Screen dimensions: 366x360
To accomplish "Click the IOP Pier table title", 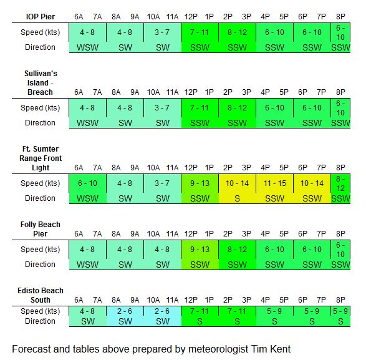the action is click(x=41, y=17).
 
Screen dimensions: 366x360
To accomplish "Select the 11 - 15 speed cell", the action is click(x=274, y=183).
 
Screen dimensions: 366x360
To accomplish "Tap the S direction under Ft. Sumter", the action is click(x=237, y=198).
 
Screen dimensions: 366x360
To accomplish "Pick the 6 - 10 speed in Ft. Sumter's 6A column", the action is click(x=87, y=183).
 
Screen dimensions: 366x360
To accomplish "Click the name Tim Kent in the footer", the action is click(x=271, y=349).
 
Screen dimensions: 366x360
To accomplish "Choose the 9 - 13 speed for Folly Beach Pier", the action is click(x=200, y=250).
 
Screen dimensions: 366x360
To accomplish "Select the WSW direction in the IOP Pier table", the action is click(x=87, y=47).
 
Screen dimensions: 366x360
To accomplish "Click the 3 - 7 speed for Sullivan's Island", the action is click(x=162, y=108).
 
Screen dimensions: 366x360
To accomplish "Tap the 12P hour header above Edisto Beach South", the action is click(x=191, y=299).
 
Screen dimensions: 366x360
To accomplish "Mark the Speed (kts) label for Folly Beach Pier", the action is click(x=40, y=250).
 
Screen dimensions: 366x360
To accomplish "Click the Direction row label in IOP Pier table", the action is click(x=40, y=47).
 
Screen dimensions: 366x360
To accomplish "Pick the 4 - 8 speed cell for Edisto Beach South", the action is click(x=87, y=311).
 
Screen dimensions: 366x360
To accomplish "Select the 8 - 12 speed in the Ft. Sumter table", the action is click(x=340, y=183).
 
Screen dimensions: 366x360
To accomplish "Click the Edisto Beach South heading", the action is click(x=41, y=295).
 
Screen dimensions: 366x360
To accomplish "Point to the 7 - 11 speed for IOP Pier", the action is click(x=199, y=32).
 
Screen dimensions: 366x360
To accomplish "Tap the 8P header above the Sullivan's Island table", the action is click(x=340, y=92).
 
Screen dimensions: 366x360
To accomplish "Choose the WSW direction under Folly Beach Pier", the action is click(x=87, y=265).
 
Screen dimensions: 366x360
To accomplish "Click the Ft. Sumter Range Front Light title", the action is click(x=41, y=158).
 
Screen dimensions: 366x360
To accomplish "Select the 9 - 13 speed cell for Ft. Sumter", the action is click(x=200, y=183).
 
